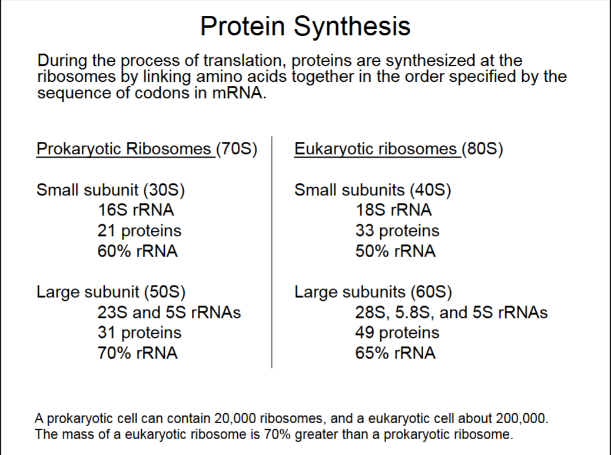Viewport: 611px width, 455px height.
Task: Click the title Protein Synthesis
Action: (x=305, y=26)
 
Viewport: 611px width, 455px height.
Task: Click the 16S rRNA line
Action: (x=135, y=210)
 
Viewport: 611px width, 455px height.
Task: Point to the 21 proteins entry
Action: (x=140, y=231)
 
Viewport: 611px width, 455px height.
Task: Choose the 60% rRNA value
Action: (x=137, y=251)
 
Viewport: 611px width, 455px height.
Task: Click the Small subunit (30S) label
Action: (x=111, y=190)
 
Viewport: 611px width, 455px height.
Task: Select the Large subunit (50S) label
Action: (x=111, y=292)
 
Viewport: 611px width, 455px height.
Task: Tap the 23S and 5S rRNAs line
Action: (x=169, y=313)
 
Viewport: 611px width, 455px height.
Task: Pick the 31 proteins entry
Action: (x=140, y=333)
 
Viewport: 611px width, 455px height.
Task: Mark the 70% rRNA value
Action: (x=137, y=353)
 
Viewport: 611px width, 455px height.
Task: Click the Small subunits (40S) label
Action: (x=373, y=190)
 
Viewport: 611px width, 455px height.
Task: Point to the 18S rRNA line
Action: (x=393, y=210)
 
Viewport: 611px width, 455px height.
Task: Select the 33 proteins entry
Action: (x=397, y=231)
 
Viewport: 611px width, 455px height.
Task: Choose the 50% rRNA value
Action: (x=395, y=251)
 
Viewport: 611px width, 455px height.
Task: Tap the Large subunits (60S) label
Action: (x=373, y=292)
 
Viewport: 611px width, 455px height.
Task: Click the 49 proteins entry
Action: (x=397, y=333)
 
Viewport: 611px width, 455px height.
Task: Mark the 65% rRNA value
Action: (x=395, y=353)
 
